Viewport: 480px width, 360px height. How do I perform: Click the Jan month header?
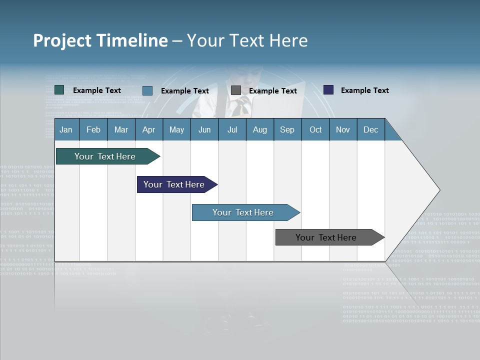(66, 130)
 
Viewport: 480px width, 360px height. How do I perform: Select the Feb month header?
(93, 130)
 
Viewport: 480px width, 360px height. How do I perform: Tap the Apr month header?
(148, 130)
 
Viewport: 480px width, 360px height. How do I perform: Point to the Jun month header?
(204, 130)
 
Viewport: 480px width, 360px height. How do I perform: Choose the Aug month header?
(259, 130)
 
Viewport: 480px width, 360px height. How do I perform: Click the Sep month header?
(287, 130)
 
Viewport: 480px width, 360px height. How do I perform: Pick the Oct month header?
(315, 130)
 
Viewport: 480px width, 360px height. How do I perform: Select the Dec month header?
(370, 130)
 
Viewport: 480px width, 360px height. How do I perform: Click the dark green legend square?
(59, 90)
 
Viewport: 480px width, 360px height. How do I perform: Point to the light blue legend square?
(147, 90)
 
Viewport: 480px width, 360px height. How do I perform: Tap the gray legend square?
(236, 90)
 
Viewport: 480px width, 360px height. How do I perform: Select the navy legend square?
(328, 90)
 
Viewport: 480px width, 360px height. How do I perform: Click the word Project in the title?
(62, 40)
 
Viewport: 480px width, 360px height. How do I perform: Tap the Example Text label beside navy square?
(364, 90)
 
